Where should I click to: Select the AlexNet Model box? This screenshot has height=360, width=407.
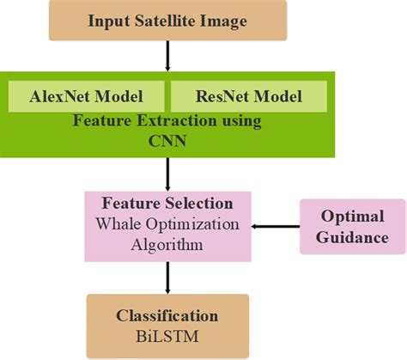click(88, 95)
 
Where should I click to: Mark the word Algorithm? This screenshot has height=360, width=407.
click(167, 244)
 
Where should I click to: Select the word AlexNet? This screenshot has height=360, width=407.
click(65, 95)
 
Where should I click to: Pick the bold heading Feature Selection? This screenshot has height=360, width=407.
click(167, 205)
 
